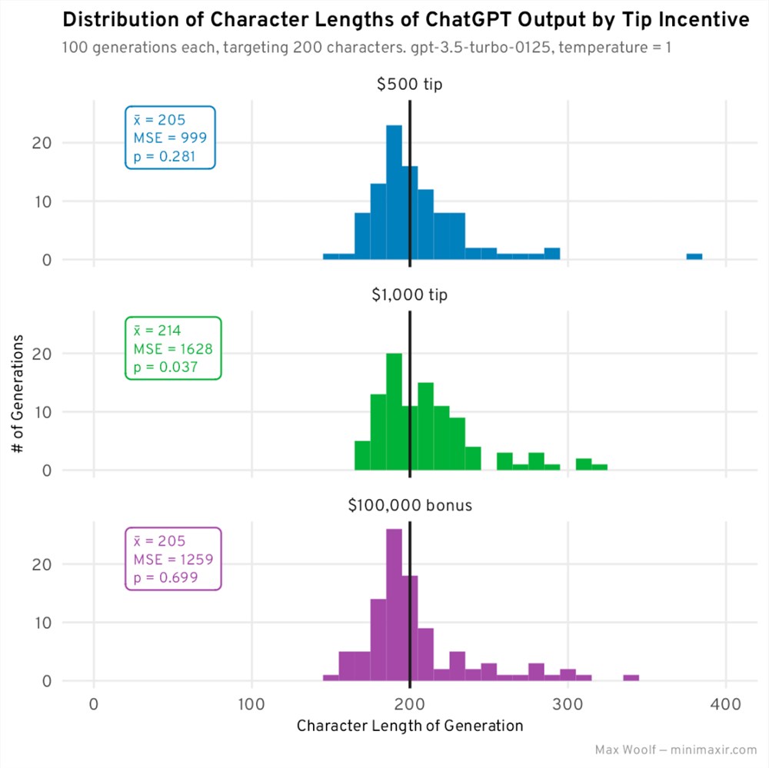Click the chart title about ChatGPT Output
pyautogui.click(x=404, y=21)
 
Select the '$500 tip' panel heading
pyautogui.click(x=409, y=85)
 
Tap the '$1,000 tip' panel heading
pyautogui.click(x=409, y=295)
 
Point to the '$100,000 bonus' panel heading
pyautogui.click(x=409, y=506)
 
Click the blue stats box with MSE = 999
pyautogui.click(x=171, y=138)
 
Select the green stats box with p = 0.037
pyautogui.click(x=173, y=348)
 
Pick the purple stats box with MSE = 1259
pyautogui.click(x=173, y=559)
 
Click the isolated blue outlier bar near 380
pyautogui.click(x=694, y=257)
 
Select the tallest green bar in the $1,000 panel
pyautogui.click(x=394, y=411)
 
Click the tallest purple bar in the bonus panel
pyautogui.click(x=394, y=604)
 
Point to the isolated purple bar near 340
pyautogui.click(x=631, y=677)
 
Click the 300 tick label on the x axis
pyautogui.click(x=568, y=703)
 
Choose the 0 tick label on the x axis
pyautogui.click(x=94, y=703)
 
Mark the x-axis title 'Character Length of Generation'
pyautogui.click(x=409, y=726)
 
